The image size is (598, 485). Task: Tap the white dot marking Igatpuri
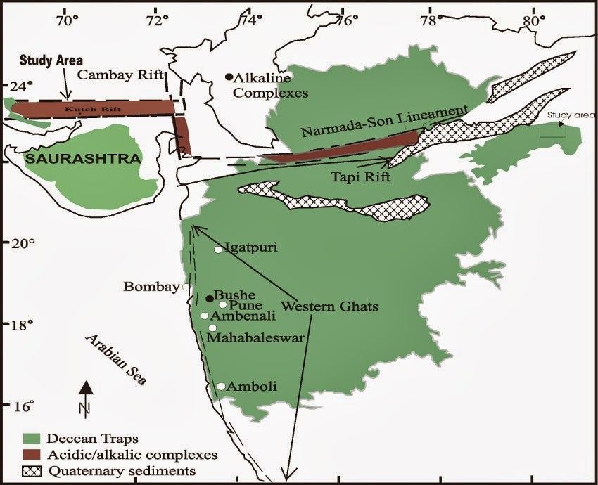pyautogui.click(x=218, y=250)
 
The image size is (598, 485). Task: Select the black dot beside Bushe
pyautogui.click(x=209, y=299)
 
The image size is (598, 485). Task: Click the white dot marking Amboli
pyautogui.click(x=221, y=386)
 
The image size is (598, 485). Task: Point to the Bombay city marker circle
pyautogui.click(x=186, y=287)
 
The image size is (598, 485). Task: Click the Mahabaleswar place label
pyautogui.click(x=255, y=338)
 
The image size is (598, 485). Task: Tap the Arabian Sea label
pyautogui.click(x=117, y=360)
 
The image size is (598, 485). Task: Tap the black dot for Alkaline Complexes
pyautogui.click(x=229, y=77)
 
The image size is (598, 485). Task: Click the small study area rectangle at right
pyautogui.click(x=552, y=130)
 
